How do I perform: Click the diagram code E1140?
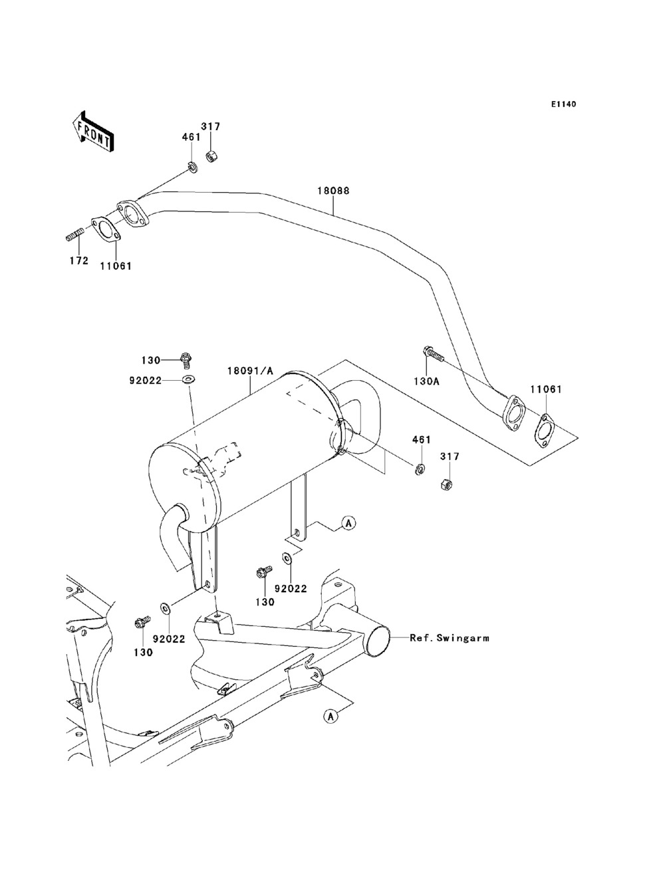[x=563, y=104]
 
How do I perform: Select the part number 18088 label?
[x=333, y=191]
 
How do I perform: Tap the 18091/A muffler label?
[x=250, y=371]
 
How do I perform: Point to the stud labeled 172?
[x=74, y=234]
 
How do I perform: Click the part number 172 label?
[x=79, y=261]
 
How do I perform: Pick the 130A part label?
[x=426, y=381]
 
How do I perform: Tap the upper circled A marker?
[x=348, y=523]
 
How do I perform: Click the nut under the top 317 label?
[x=210, y=155]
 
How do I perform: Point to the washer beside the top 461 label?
[x=193, y=167]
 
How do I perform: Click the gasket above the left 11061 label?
[x=106, y=230]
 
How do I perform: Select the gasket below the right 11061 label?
[x=545, y=430]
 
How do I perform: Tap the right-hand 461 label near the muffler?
[x=422, y=440]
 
